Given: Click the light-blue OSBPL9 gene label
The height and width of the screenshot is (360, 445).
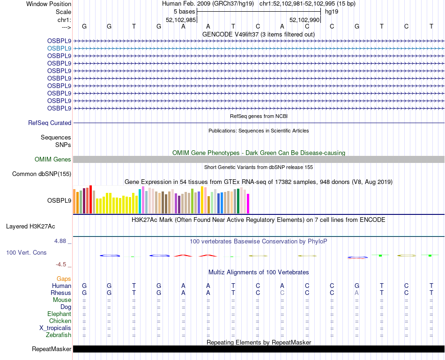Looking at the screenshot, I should click(x=59, y=48).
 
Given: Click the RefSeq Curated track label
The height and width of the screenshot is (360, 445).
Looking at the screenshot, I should click(x=50, y=123).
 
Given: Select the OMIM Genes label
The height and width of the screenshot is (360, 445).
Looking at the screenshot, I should click(x=53, y=160).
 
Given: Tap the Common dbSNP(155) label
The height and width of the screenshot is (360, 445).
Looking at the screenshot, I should click(x=42, y=174).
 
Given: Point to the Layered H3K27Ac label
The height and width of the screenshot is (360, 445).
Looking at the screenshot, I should click(x=30, y=227).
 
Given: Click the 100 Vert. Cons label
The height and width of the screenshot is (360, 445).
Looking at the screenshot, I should click(x=26, y=252).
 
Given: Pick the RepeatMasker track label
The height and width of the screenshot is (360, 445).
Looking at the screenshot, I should click(x=52, y=349).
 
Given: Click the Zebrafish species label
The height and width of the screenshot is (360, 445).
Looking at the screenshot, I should click(x=59, y=335).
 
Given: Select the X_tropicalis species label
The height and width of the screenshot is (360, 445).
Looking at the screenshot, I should click(x=55, y=328).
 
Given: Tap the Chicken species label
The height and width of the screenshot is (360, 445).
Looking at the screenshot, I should click(x=60, y=321).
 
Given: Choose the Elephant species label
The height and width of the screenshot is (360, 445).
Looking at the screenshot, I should click(x=59, y=314).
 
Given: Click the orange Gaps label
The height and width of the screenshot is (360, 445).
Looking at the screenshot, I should click(x=64, y=279).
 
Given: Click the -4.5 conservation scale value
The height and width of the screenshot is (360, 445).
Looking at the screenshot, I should click(x=63, y=264).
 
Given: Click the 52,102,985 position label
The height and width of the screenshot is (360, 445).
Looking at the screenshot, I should click(x=181, y=20).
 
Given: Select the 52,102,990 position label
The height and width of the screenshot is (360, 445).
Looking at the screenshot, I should click(x=304, y=20).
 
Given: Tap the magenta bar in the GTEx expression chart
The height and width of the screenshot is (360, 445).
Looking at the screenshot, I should click(x=248, y=204).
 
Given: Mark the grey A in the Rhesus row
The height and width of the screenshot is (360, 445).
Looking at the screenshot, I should click(x=356, y=293).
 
